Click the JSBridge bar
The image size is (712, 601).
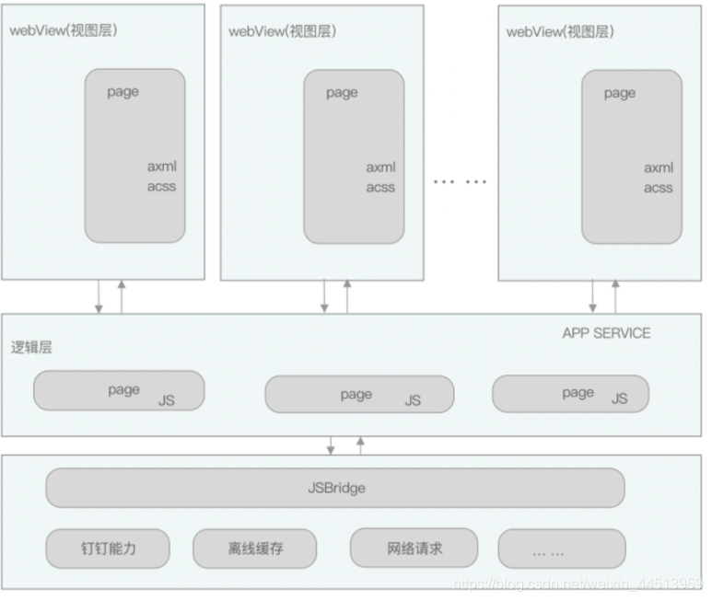coord(335,488)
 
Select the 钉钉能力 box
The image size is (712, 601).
coord(108,548)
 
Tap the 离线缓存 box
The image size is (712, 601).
coord(254,549)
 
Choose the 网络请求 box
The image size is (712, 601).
coord(414,548)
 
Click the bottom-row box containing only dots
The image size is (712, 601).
coord(561,549)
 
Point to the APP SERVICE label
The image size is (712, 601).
coord(605,333)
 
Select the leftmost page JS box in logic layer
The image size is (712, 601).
coord(118,391)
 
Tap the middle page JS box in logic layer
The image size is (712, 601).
coord(358,395)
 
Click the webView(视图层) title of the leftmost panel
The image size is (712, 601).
coord(63,30)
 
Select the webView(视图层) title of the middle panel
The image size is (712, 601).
coord(282,30)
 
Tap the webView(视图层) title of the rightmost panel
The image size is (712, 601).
coord(560,31)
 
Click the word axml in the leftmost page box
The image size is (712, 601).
coord(161,167)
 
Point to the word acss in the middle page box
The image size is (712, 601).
coord(379,187)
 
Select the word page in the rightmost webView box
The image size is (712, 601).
coord(619,93)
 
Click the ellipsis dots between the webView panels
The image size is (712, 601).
coord(460,181)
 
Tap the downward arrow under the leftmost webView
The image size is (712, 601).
coord(99,296)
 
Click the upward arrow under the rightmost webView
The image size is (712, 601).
coord(614,296)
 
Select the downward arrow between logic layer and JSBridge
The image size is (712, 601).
coord(331,445)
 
